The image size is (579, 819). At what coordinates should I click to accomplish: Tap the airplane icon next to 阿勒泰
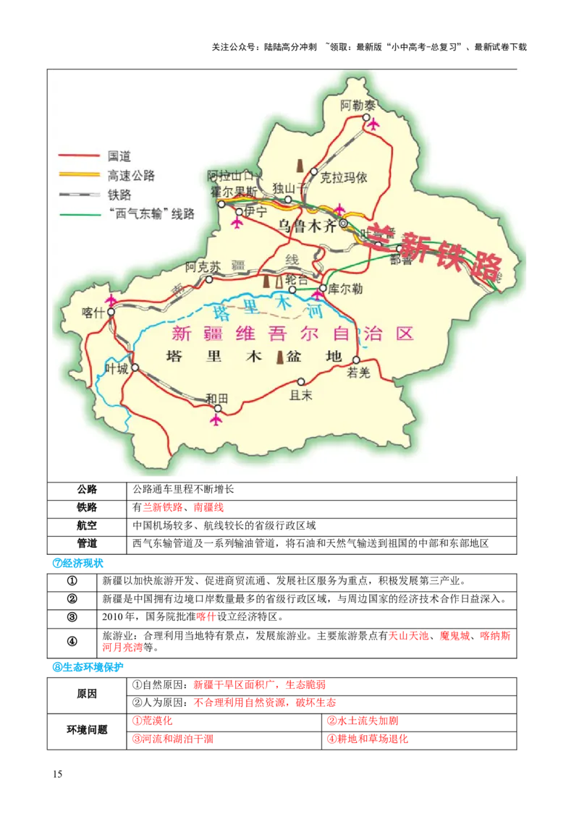point(373,124)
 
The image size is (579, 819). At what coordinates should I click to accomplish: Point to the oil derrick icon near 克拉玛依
point(300,165)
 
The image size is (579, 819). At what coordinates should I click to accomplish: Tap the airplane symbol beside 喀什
point(111,300)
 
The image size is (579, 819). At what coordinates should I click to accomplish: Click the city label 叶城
point(116,368)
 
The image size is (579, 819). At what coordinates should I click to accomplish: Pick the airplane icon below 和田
point(216,418)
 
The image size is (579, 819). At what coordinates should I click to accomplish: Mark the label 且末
point(300,395)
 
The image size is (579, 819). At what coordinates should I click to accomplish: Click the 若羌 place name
point(358,373)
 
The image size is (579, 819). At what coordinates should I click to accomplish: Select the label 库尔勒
point(345,287)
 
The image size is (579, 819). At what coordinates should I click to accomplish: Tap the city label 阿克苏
point(200,266)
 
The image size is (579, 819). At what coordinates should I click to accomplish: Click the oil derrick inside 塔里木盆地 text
point(280,357)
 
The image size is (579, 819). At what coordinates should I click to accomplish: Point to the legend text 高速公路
point(131,175)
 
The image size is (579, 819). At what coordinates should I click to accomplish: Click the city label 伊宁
point(256,211)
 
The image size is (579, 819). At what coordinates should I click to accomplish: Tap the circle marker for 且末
point(301,382)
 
